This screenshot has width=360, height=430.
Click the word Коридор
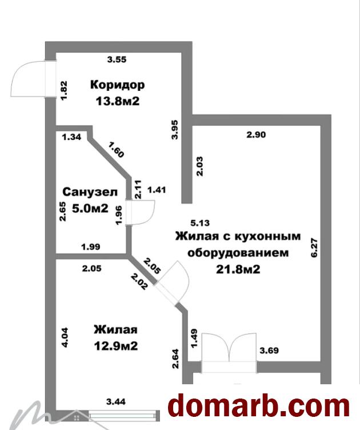117,85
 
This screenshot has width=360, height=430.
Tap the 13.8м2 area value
118,101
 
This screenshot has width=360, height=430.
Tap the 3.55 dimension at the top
117,58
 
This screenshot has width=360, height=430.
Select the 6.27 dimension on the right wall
313,247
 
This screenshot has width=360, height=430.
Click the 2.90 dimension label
257,135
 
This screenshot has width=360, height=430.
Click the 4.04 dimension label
65,337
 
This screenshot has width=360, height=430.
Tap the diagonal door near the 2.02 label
171,283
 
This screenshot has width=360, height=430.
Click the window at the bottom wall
123,413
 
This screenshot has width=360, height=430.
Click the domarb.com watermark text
258,405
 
